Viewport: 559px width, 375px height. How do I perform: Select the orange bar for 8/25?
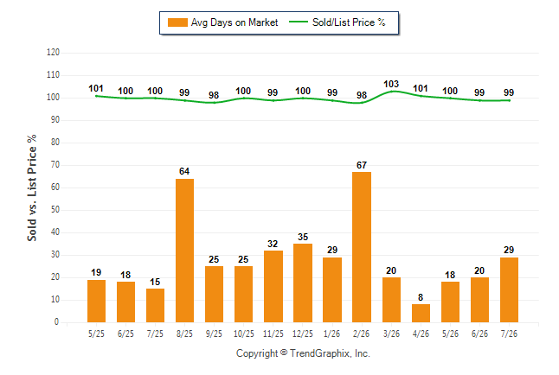coord(184,251)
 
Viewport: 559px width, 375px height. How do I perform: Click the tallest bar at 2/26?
coord(362,247)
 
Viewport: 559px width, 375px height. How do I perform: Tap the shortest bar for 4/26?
coord(421,313)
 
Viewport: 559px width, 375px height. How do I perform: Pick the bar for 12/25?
coord(303,283)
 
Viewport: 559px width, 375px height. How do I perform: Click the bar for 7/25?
coord(155,305)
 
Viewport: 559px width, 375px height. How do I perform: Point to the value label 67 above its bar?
coord(362,165)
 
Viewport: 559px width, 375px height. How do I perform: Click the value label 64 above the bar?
coord(184,171)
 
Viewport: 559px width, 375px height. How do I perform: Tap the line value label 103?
coord(391,84)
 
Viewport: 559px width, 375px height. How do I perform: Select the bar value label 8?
coord(421,297)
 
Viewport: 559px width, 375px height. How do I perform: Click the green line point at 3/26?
coord(391,92)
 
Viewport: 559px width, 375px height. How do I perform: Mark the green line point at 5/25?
coord(96,96)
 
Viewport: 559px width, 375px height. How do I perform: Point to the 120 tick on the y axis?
coord(53,53)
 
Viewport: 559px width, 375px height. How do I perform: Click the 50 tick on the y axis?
coord(55,209)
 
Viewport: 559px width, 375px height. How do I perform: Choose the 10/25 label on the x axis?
coord(244,334)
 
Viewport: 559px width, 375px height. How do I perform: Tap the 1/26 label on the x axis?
coord(332,334)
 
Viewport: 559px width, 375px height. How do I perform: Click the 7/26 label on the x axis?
coord(509,334)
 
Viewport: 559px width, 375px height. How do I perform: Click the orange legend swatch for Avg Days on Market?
coord(177,22)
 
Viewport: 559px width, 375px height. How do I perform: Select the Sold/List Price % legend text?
coord(349,22)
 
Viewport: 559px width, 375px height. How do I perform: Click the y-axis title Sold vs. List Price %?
coord(32,187)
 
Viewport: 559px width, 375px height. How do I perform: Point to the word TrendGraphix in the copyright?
coord(320,353)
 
